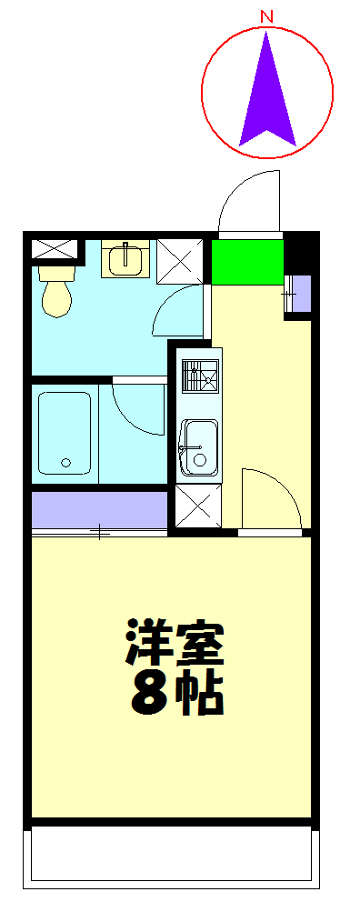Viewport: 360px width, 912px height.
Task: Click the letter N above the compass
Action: click(x=267, y=16)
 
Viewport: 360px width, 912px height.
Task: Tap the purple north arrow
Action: click(x=267, y=95)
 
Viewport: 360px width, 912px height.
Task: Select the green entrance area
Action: click(x=247, y=262)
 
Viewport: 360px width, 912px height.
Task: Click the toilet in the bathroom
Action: click(x=56, y=289)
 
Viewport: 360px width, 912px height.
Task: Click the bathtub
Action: click(x=65, y=433)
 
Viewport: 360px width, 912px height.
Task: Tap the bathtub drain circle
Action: click(x=65, y=463)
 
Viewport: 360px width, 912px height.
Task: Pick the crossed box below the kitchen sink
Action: click(x=197, y=506)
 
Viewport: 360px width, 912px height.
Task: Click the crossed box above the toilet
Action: click(x=53, y=247)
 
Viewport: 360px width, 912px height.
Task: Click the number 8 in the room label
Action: click(x=148, y=695)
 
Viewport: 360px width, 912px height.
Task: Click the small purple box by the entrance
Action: click(x=298, y=293)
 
